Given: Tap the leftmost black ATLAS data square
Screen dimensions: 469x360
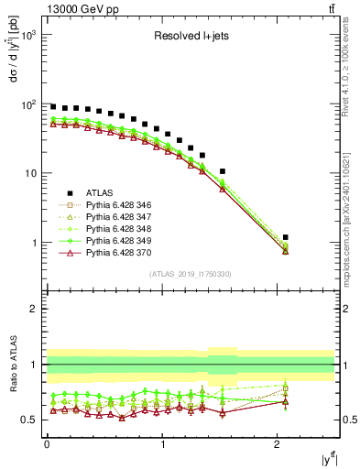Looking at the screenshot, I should point(53,107).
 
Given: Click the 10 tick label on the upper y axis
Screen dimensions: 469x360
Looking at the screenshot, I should point(30,173).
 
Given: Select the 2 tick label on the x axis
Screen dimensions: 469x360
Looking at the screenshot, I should point(277,444).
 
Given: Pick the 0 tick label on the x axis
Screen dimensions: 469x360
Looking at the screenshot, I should point(47,444).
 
